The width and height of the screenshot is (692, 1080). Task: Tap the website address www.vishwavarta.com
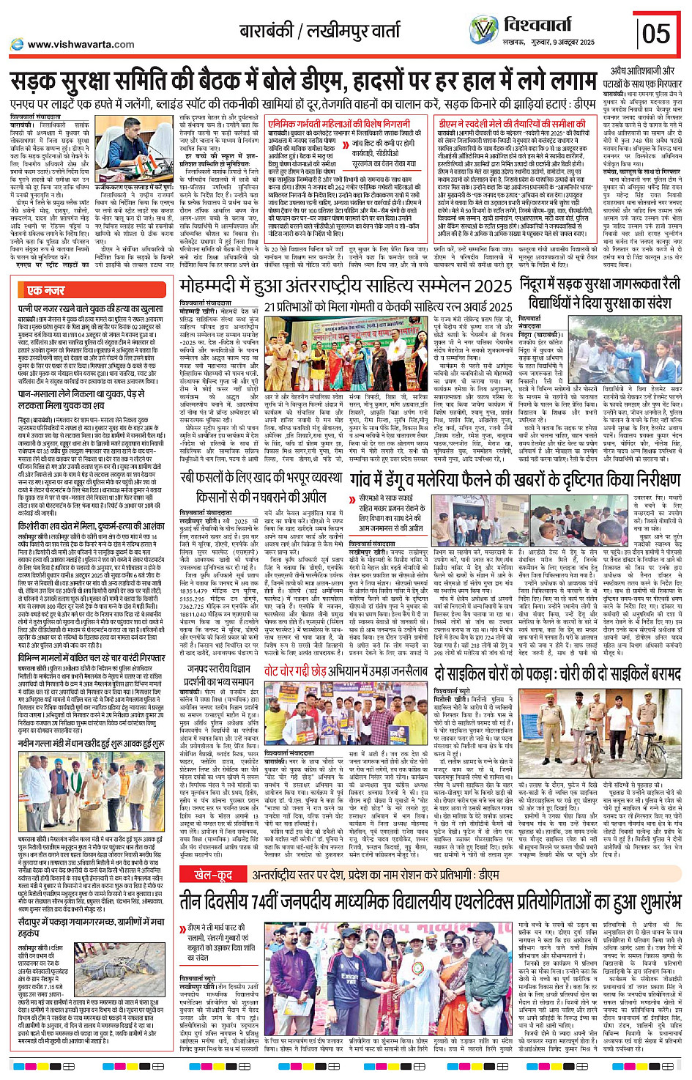(x=81, y=44)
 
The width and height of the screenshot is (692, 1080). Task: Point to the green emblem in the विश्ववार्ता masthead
(x=483, y=30)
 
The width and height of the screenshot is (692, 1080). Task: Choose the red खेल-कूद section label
(x=212, y=874)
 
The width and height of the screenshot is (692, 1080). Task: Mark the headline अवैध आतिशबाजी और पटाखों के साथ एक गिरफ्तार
(x=642, y=76)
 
